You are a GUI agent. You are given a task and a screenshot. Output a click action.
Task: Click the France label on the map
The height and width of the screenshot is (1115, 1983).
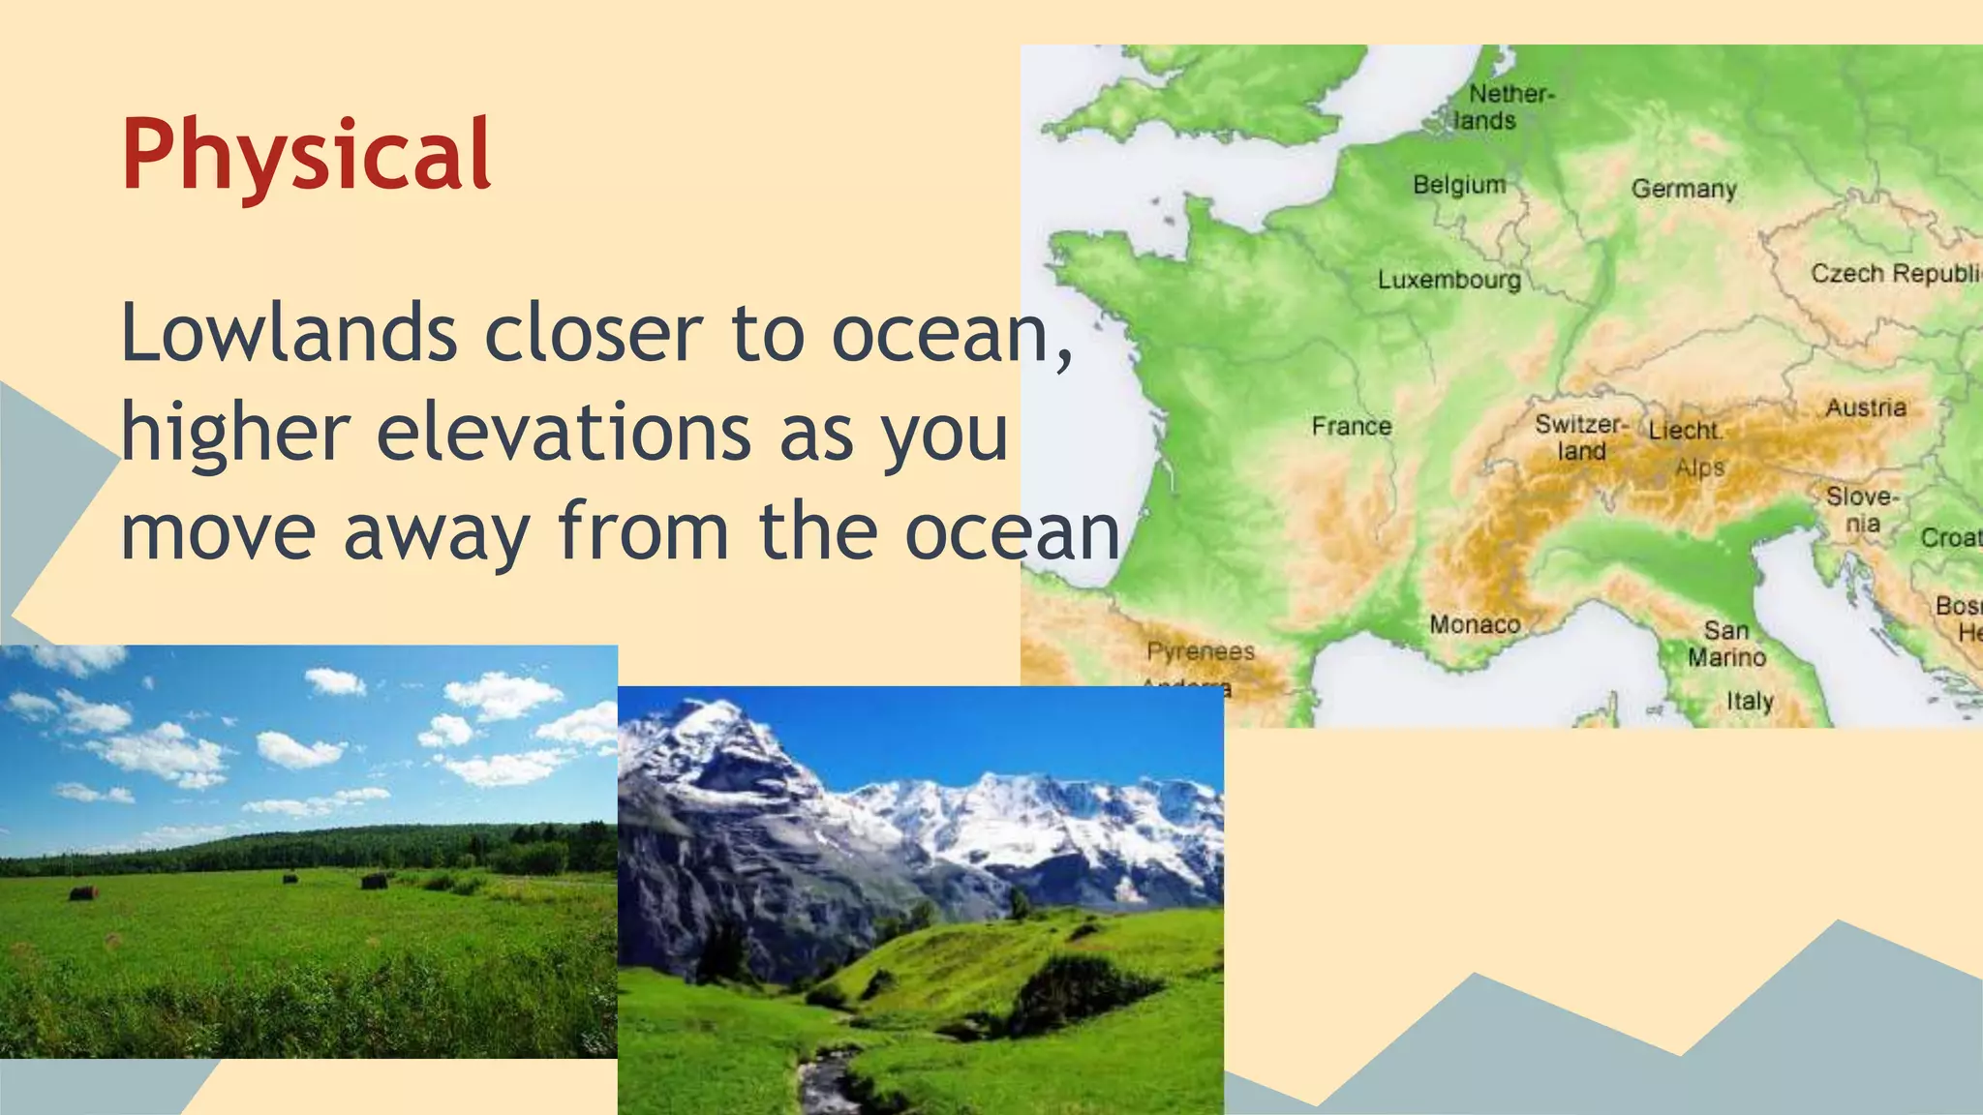[1351, 426]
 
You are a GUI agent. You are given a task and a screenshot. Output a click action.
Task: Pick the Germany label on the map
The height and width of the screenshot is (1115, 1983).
[1684, 188]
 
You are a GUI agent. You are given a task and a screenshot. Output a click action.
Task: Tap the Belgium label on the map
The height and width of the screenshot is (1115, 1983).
[1458, 184]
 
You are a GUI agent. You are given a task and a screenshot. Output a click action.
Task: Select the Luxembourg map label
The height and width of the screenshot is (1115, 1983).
[1449, 280]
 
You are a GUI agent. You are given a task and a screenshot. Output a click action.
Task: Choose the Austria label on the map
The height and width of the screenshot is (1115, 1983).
[1866, 407]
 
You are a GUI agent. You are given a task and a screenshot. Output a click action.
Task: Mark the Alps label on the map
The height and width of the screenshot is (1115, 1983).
[1700, 467]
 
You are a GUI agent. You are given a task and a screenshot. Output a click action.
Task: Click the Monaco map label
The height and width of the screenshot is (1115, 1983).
[1475, 624]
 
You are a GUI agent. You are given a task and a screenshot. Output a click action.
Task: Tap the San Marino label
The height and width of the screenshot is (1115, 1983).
[1726, 644]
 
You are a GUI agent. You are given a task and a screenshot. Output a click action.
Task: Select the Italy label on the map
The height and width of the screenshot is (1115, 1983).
[1750, 701]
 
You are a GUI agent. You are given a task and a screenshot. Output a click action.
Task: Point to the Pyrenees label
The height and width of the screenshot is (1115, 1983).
[1201, 651]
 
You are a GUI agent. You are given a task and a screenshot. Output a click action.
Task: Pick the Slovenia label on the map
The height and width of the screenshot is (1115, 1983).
[1862, 510]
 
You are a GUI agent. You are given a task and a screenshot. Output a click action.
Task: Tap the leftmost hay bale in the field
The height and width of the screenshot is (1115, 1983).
[84, 892]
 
